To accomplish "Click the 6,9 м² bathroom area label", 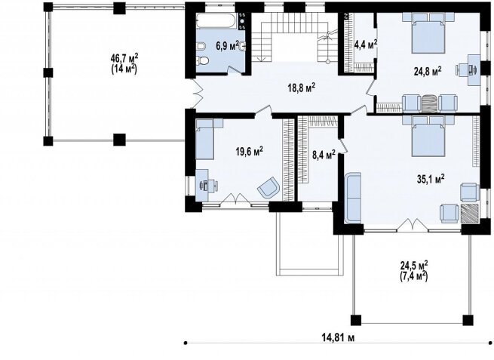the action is pyautogui.click(x=227, y=46).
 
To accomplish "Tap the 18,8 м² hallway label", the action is pyautogui.click(x=302, y=88).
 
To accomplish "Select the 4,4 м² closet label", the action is pyautogui.click(x=366, y=45).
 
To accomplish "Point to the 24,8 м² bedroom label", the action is pyautogui.click(x=427, y=71).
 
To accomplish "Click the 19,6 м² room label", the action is pyautogui.click(x=250, y=152).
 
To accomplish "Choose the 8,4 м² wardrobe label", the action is pyautogui.click(x=324, y=155).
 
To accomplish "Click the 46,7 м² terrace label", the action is pyautogui.click(x=124, y=59).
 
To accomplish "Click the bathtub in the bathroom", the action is pyautogui.click(x=216, y=20).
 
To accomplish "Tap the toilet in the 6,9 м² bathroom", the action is pyautogui.click(x=201, y=60).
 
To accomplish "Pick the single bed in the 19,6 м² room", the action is pyautogui.click(x=205, y=139).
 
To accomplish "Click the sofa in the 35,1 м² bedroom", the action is pyautogui.click(x=353, y=198).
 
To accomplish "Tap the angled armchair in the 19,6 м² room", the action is pyautogui.click(x=268, y=188).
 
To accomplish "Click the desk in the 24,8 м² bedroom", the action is pyautogui.click(x=474, y=70).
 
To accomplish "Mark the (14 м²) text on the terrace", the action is pyautogui.click(x=124, y=69).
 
